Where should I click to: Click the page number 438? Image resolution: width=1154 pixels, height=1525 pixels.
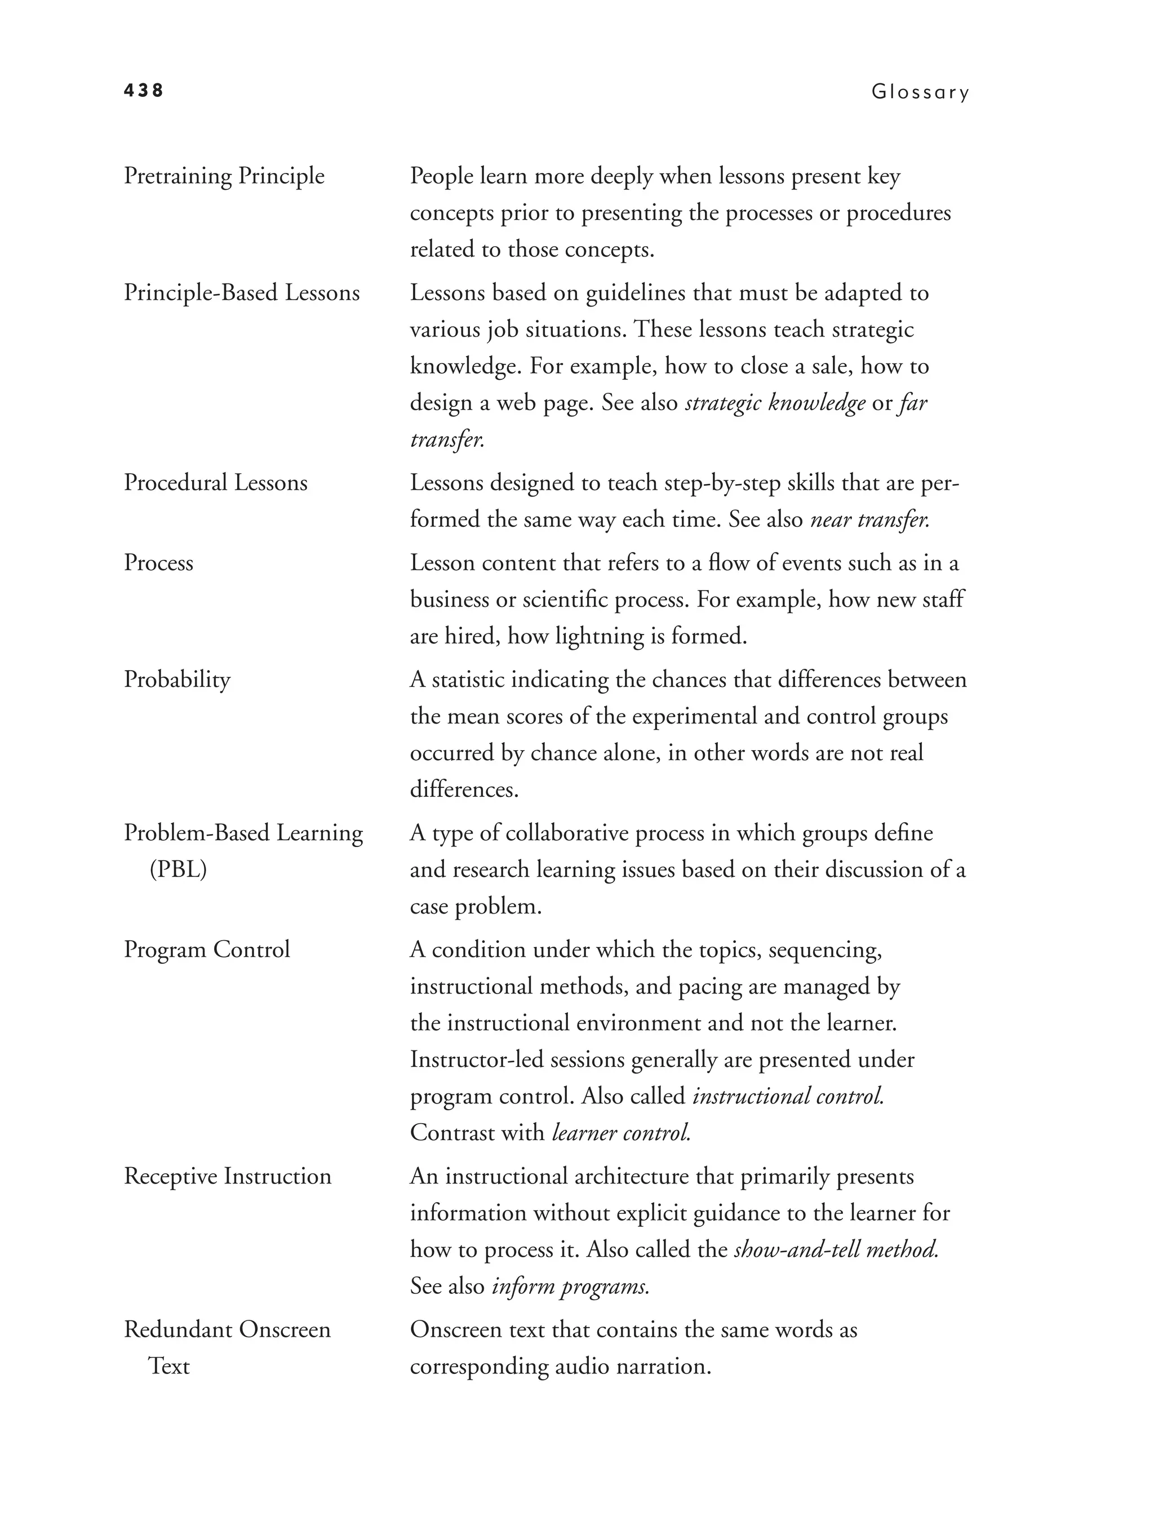tap(143, 90)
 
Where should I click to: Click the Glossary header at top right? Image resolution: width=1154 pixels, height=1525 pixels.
tap(920, 92)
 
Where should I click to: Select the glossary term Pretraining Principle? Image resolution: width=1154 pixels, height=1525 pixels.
tap(224, 176)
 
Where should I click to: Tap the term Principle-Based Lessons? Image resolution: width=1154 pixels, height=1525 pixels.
tap(241, 293)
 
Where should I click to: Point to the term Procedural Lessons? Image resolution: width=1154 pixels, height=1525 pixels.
tap(215, 482)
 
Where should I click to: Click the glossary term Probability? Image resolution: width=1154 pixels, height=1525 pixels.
tap(177, 680)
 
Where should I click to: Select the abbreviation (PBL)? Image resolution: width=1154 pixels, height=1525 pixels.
tap(178, 870)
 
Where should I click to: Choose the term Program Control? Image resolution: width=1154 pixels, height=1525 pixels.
tap(207, 950)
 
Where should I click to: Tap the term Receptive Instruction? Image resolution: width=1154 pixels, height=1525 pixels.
tap(228, 1176)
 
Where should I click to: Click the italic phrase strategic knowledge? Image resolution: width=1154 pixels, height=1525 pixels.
tap(775, 402)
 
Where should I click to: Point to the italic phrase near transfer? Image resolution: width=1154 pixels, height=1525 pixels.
tap(869, 519)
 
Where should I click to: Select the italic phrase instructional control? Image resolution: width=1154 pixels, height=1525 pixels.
tap(788, 1096)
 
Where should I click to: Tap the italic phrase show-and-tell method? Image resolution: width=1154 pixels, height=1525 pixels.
tap(836, 1249)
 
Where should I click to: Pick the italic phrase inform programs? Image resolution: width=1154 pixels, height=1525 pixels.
tap(570, 1286)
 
